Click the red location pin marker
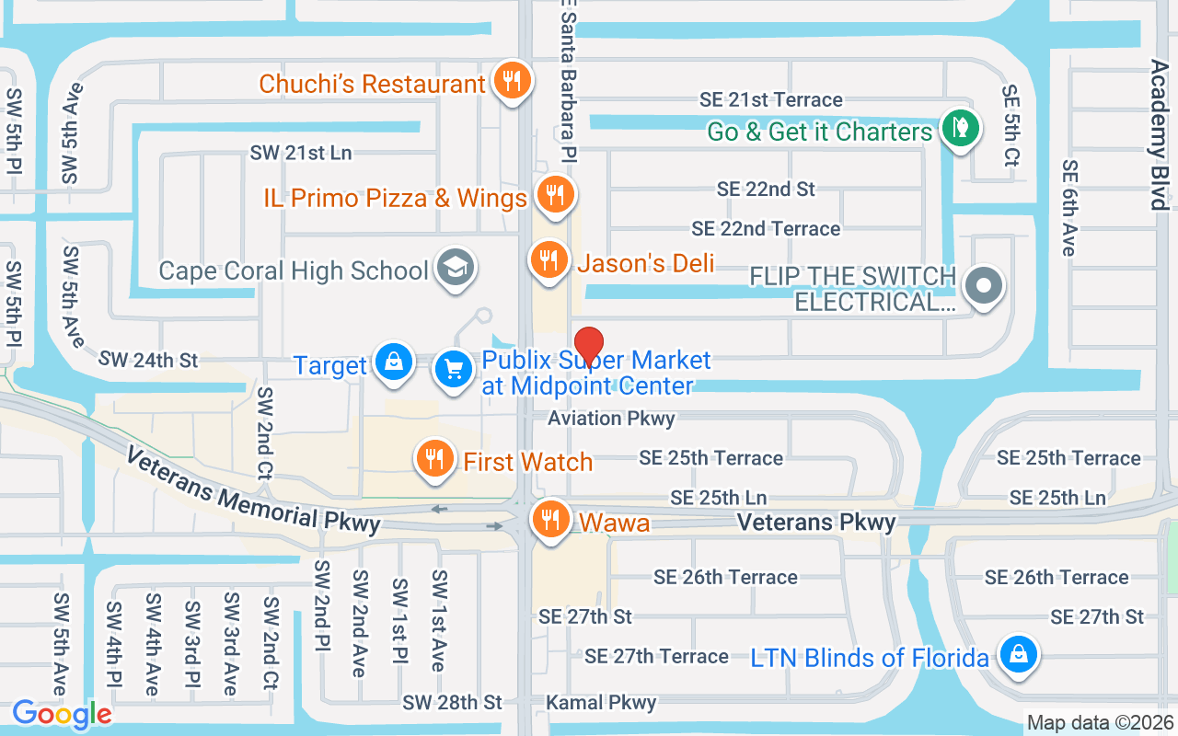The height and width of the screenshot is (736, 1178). point(589,346)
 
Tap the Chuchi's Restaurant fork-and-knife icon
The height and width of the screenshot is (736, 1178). point(509,81)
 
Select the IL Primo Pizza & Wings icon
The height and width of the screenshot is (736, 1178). point(554,195)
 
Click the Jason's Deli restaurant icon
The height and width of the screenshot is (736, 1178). point(549,260)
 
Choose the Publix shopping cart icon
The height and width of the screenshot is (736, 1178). point(454,370)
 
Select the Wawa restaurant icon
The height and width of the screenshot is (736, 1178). point(551,520)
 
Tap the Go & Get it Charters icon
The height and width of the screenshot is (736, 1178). point(960,128)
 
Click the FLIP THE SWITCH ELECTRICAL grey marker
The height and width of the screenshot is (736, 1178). point(984,286)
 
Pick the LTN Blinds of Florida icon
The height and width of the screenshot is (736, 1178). point(1018,655)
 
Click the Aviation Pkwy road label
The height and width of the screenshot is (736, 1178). point(611,419)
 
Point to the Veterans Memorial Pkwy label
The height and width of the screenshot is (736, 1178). point(253,490)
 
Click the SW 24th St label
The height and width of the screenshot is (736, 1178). point(148,360)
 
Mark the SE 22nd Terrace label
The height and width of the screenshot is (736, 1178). point(766,228)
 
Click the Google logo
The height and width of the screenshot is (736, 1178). point(62,714)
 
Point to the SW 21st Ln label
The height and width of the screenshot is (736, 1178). point(301,153)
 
